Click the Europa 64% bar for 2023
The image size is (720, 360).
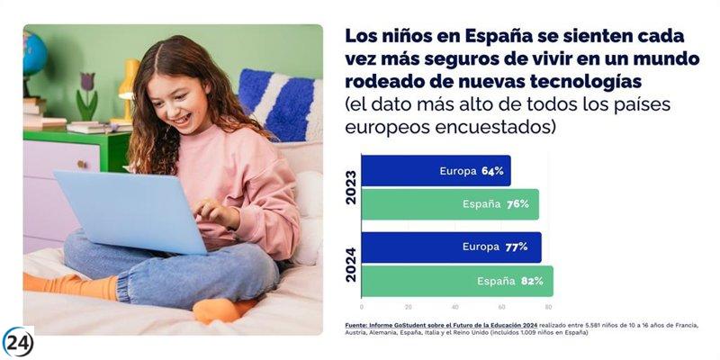click(436, 171)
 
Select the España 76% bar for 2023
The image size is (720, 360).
click(450, 204)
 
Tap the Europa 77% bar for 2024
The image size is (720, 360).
click(451, 247)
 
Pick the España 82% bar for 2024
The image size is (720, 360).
click(457, 281)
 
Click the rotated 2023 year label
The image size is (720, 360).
click(351, 187)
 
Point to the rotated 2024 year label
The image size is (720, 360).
click(351, 264)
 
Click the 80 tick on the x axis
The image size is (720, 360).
click(548, 306)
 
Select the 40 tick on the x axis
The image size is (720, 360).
click(455, 306)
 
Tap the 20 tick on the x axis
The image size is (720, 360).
click(408, 306)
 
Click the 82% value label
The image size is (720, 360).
click(532, 281)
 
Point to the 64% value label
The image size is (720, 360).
click(491, 171)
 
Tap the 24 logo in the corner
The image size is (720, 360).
click(17, 342)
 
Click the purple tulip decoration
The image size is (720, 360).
click(87, 86)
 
